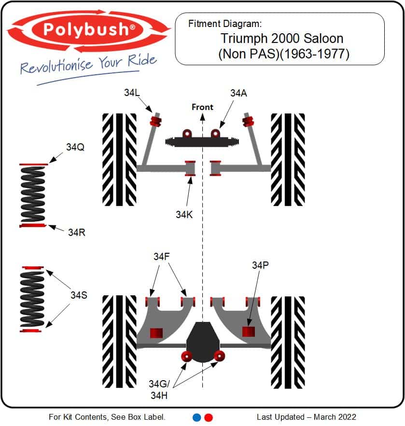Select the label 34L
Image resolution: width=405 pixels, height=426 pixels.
pos(132,93)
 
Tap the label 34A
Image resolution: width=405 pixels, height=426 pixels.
pos(238,93)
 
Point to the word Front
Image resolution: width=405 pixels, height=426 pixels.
pos(203,107)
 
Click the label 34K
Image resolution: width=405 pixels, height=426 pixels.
pos(184,215)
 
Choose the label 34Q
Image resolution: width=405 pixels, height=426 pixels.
pos(75,147)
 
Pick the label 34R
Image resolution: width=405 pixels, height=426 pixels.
pos(77,233)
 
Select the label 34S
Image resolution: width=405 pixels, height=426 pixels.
pos(79,295)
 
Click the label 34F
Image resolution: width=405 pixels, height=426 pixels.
pos(161,257)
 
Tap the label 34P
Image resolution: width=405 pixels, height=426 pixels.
pos(260,265)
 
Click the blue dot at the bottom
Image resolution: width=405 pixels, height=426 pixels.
pos(197,417)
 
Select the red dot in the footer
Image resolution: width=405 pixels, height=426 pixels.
pos(209,417)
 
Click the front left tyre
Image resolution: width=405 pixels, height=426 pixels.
pos(119,160)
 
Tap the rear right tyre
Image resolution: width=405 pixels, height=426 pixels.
pos(288,342)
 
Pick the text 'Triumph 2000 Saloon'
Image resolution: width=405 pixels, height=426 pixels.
pos(282,39)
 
